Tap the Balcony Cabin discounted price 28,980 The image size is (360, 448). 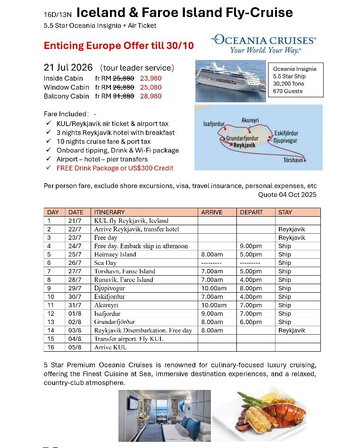click(x=151, y=96)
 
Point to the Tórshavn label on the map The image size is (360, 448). click(x=293, y=161)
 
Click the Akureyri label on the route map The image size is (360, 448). click(x=250, y=121)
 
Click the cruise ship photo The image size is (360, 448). click(x=230, y=81)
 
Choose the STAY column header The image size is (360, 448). click(x=285, y=212)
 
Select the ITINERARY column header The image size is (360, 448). click(x=109, y=212)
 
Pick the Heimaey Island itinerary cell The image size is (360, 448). click(x=115, y=254)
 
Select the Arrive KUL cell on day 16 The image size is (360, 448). click(x=110, y=347)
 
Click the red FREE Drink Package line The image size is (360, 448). click(x=115, y=168)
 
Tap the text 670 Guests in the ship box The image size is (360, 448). click(x=288, y=91)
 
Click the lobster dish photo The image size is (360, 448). click(x=260, y=415)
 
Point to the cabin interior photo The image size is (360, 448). click(x=164, y=415)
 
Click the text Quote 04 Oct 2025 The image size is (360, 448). click(x=287, y=195)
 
